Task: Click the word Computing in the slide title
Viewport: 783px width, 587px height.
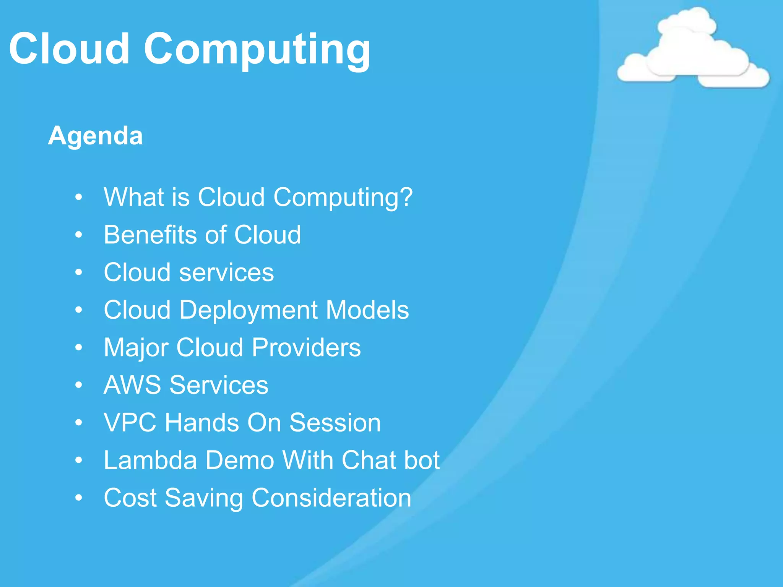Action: pos(257,50)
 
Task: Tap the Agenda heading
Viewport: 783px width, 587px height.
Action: pos(95,136)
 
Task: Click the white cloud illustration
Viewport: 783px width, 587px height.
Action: pos(693,50)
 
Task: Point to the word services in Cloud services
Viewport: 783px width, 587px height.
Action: pos(226,272)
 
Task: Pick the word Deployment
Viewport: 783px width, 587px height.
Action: pos(248,310)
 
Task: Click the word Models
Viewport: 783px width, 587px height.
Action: pos(367,310)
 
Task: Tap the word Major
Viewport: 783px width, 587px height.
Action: pos(136,348)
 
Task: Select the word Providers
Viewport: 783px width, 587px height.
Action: pos(306,348)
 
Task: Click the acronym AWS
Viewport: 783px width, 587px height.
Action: pos(132,385)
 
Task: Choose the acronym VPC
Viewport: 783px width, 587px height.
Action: pos(130,423)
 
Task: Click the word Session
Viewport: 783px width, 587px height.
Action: pos(335,423)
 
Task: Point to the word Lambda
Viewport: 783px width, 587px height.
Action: pos(150,460)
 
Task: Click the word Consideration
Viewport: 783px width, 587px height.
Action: pos(331,498)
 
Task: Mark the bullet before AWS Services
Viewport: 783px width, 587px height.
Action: pos(79,385)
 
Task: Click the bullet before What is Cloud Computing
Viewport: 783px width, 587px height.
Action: pos(79,198)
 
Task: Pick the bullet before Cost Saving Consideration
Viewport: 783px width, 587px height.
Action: pos(79,498)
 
